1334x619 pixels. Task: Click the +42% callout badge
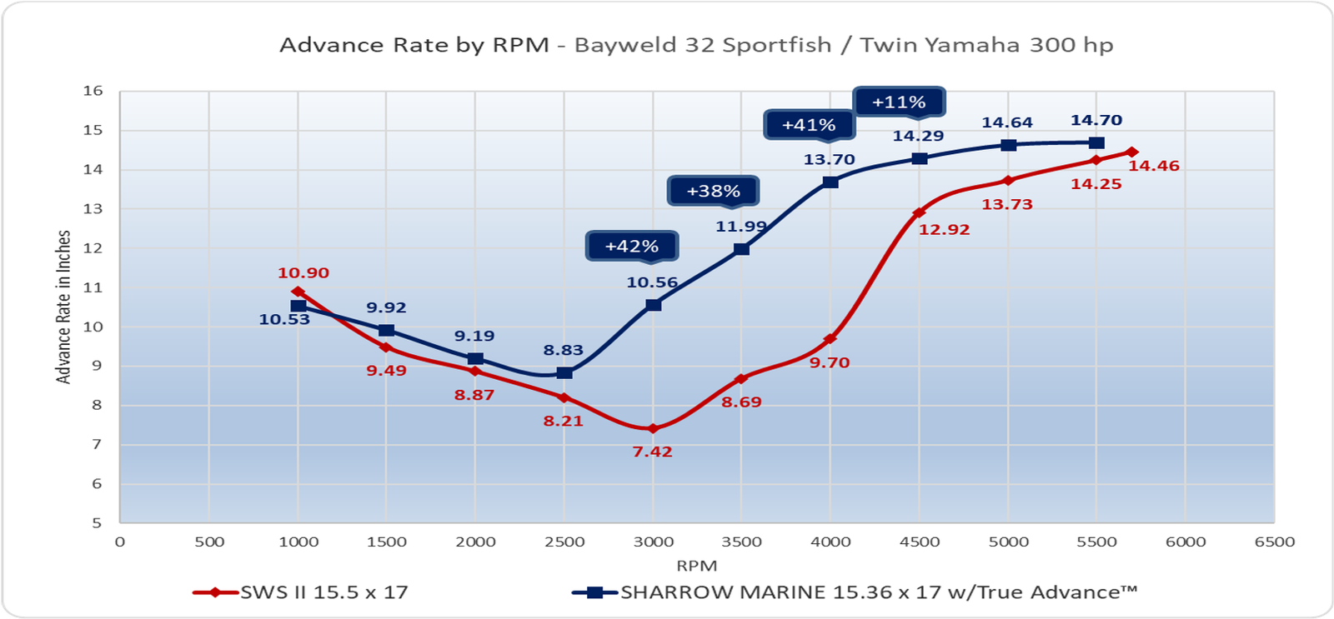631,246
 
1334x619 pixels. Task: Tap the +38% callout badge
713,191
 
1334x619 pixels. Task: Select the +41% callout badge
809,125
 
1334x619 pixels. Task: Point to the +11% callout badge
899,102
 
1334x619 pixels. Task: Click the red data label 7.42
652,452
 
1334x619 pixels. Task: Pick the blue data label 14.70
1096,120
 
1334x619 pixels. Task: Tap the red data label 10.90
303,272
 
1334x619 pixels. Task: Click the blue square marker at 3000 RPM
654,305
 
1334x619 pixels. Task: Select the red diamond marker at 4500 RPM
919,213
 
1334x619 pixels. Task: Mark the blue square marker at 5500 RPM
1096,143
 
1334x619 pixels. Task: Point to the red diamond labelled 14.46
1131,152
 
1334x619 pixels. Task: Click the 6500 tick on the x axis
1275,542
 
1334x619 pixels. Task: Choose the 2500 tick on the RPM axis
564,542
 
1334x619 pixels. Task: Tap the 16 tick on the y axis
93,91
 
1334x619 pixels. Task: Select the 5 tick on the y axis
98,523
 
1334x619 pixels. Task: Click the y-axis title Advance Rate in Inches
63,307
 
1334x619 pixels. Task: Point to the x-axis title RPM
697,566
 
